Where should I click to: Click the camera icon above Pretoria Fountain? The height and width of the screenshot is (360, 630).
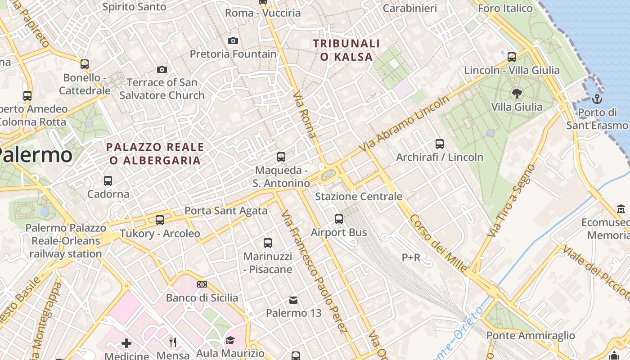233,41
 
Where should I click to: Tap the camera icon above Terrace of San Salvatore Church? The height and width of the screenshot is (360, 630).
162,69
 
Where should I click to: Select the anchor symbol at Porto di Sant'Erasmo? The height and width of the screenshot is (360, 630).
598,99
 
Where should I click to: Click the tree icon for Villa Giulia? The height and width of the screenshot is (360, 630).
517,94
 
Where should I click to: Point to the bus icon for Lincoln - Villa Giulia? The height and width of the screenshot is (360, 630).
512,57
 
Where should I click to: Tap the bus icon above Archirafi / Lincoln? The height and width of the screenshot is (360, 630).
440,144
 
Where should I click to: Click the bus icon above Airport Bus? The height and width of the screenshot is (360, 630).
339,219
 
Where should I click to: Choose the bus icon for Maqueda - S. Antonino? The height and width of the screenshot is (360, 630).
281,157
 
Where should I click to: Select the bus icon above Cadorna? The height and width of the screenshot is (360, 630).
108,181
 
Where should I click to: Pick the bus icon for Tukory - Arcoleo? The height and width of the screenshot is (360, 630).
160,220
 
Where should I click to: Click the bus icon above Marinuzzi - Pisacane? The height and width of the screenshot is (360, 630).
268,243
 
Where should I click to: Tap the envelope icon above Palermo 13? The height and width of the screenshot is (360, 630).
293,300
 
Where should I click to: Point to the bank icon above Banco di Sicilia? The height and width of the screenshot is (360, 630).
202,284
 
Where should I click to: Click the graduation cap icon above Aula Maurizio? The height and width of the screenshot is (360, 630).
230,340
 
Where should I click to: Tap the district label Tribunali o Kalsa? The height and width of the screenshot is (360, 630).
346,50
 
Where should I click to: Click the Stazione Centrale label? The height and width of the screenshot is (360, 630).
359,197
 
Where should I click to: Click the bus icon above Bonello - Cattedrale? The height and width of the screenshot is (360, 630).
85,64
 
